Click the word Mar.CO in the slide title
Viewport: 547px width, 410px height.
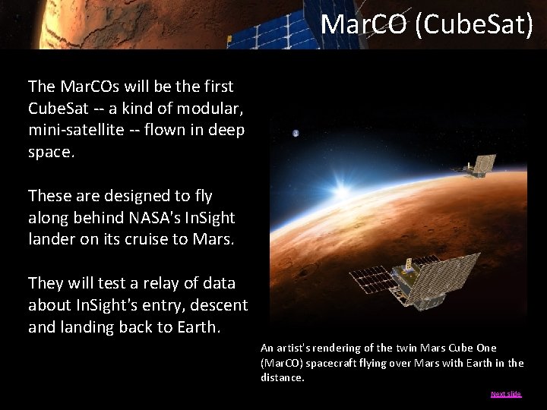pyautogui.click(x=363, y=24)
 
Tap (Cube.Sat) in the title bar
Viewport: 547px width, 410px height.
pyautogui.click(x=474, y=24)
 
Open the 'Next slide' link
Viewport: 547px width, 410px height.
pyautogui.click(x=506, y=394)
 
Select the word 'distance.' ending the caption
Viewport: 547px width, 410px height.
pyautogui.click(x=282, y=377)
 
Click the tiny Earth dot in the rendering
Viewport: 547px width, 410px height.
pyautogui.click(x=296, y=134)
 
